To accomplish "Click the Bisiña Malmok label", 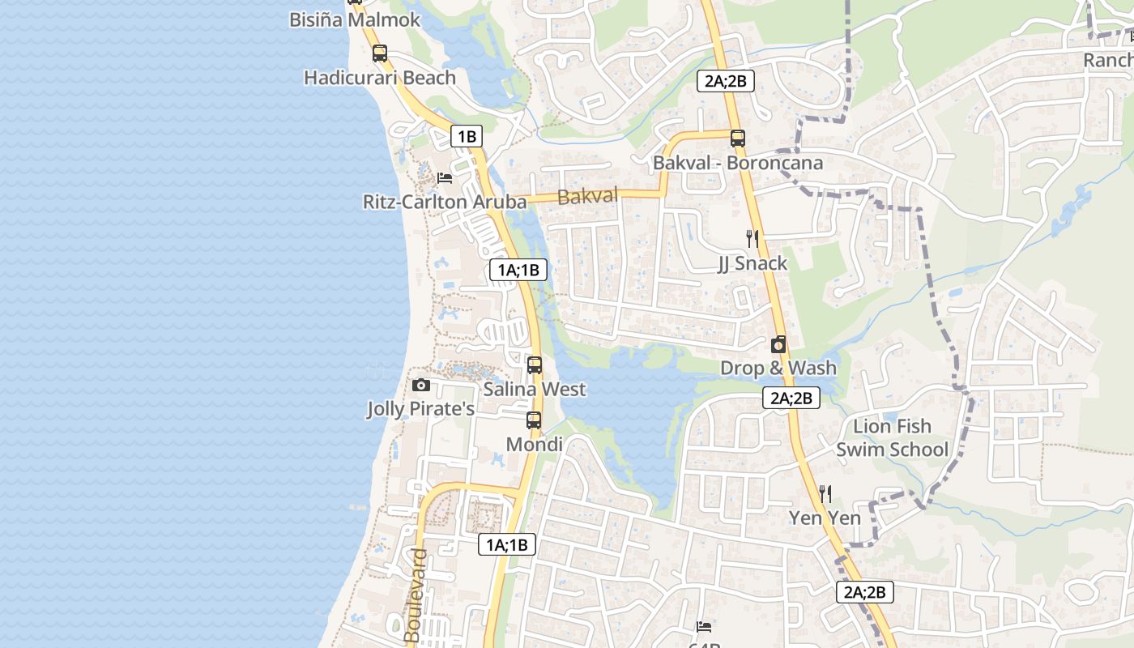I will pos(355,19).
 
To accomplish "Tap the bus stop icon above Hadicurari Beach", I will pos(380,53).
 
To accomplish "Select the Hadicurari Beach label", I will pos(380,78).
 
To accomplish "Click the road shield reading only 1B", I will pos(467,136).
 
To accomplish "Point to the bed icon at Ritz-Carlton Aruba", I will pos(445,178).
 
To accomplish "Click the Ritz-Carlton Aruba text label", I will pos(445,202).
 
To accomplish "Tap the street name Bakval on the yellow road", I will pos(587,196).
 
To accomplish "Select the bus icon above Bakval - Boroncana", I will pos(737,138).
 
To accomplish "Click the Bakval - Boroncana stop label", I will pos(737,163).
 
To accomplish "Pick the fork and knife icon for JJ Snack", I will pos(752,238).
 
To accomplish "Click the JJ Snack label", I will pos(752,263).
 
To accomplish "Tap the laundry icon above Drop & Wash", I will pos(778,345).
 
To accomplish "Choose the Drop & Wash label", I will pos(778,369).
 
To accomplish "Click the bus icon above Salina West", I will pos(535,364).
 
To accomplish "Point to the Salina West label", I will pos(535,390).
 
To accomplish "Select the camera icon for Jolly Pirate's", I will pos(421,386).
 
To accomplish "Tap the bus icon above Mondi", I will pos(534,420).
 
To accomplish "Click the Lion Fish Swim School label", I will pos(892,437).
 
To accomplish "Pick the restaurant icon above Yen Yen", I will pos(825,493).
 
